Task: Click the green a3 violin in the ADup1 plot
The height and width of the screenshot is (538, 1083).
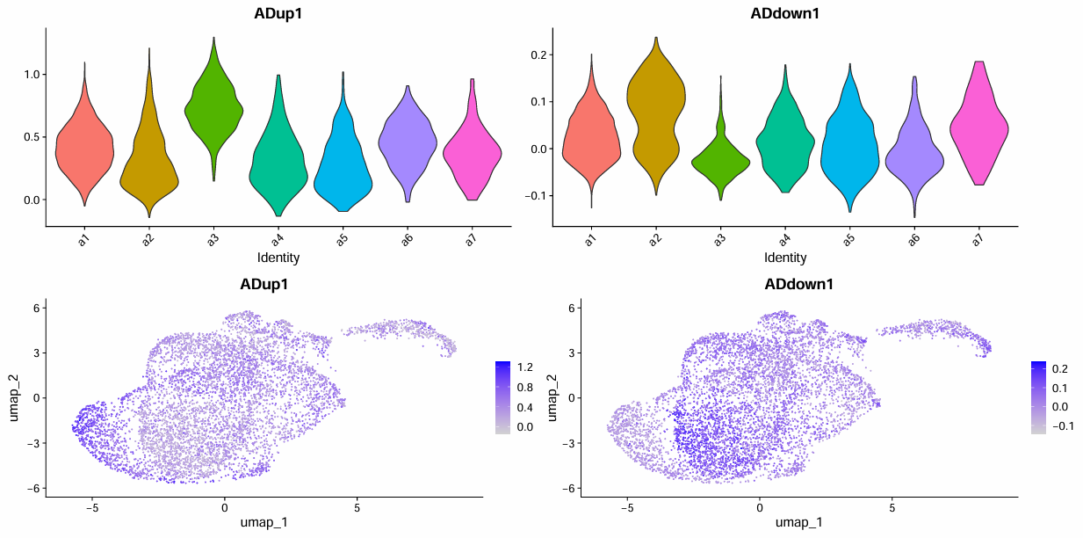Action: (213, 105)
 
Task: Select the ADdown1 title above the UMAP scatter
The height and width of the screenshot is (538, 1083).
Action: (798, 285)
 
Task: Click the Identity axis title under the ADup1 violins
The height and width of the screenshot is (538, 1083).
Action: (278, 258)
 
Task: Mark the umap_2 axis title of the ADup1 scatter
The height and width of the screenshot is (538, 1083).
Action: (15, 396)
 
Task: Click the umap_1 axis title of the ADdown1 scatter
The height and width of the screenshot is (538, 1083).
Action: (798, 523)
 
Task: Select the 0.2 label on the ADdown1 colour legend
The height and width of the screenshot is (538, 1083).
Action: (1059, 370)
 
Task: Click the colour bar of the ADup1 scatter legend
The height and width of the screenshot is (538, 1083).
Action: (502, 396)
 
